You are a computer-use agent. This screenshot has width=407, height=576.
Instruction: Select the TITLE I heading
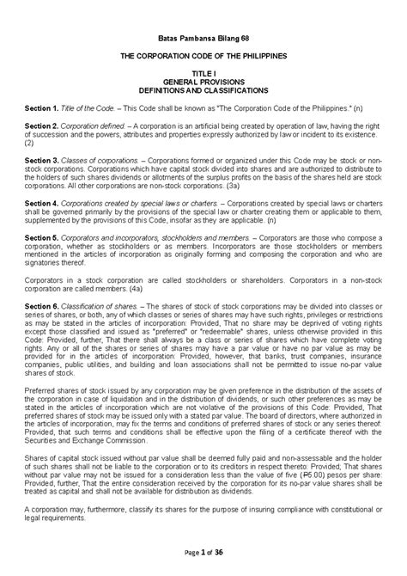click(203, 75)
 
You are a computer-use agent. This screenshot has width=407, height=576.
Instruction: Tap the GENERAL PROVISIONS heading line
click(203, 83)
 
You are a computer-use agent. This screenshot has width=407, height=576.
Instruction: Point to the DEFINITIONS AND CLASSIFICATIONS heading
click(203, 90)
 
